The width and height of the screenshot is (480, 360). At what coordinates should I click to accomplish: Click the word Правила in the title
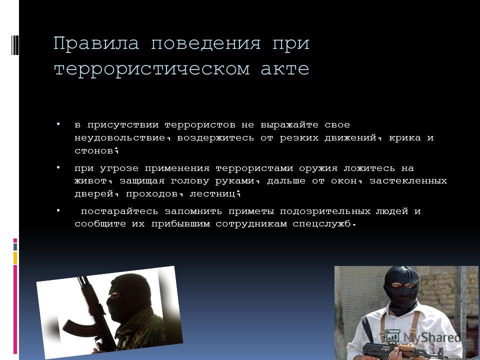pyautogui.click(x=96, y=43)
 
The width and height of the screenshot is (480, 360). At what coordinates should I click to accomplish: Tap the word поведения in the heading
pyautogui.click(x=205, y=44)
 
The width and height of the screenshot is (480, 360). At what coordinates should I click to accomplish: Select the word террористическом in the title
pyautogui.click(x=152, y=69)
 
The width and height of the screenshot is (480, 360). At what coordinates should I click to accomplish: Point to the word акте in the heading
pyautogui.click(x=285, y=68)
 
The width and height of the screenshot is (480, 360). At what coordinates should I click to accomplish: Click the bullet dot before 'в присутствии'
pyautogui.click(x=58, y=124)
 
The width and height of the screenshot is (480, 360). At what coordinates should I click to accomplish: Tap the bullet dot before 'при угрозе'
pyautogui.click(x=58, y=167)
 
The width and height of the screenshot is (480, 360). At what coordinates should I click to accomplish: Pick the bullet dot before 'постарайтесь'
pyautogui.click(x=58, y=210)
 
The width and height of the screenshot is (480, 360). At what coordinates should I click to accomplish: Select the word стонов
pyautogui.click(x=94, y=150)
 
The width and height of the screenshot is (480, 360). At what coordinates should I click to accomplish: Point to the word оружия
pyautogui.click(x=318, y=168)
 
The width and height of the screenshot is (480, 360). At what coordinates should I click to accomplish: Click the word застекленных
pyautogui.click(x=408, y=181)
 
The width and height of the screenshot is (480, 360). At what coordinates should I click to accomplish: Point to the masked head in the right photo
pyautogui.click(x=401, y=286)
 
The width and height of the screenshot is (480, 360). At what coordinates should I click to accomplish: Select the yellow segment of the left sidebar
pyautogui.click(x=15, y=258)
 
